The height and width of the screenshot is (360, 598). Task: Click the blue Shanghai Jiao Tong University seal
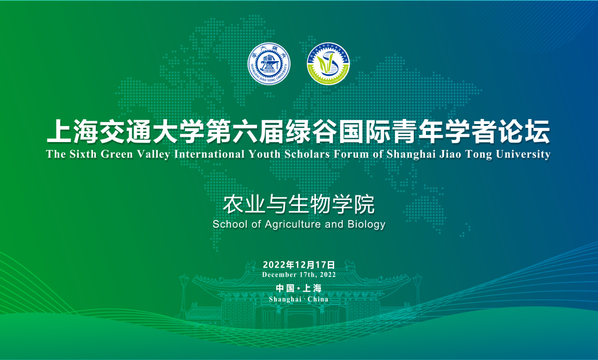click(x=269, y=64)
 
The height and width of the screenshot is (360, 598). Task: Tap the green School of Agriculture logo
click(x=328, y=64)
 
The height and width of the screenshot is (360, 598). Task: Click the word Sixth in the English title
click(x=83, y=154)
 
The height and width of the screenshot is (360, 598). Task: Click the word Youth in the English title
click(x=265, y=154)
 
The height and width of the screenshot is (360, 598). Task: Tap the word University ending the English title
click(x=523, y=155)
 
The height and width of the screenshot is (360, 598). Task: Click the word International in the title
click(x=209, y=154)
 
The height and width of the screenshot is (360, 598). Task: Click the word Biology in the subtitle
click(x=366, y=225)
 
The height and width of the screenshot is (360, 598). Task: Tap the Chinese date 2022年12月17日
click(x=299, y=264)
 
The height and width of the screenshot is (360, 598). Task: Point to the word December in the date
click(x=279, y=275)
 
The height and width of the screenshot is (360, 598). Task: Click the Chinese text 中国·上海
click(x=299, y=288)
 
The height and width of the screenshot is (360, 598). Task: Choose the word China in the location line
click(x=318, y=299)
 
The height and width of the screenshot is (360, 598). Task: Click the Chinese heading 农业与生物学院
click(x=299, y=205)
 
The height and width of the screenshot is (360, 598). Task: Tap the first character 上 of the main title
click(x=59, y=131)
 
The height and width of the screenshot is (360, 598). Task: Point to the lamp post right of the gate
click(x=418, y=294)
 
